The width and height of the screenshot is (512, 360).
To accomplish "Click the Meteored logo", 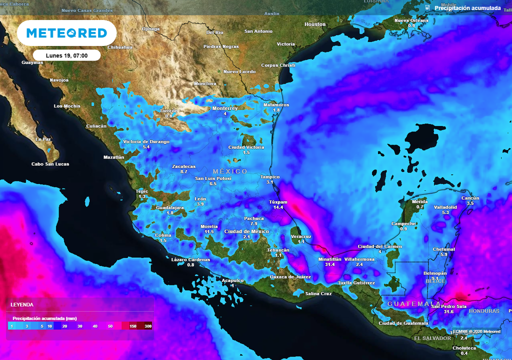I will pyautogui.click(x=66, y=33).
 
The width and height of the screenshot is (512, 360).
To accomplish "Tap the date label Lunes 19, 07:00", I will pyautogui.click(x=67, y=55).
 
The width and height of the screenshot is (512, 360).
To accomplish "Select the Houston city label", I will pyautogui.click(x=315, y=24).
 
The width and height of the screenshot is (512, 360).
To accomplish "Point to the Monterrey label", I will pyautogui.click(x=225, y=108).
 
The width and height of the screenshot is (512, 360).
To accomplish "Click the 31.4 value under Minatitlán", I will pyautogui.click(x=329, y=264).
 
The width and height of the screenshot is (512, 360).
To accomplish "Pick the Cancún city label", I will pyautogui.click(x=470, y=198).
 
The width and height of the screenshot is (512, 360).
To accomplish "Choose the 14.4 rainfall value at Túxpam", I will pyautogui.click(x=278, y=207).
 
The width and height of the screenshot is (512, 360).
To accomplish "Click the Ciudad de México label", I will pyautogui.click(x=246, y=231).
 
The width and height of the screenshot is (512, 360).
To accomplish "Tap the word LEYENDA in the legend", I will pyautogui.click(x=22, y=304).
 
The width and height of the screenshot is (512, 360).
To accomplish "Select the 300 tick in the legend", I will pyautogui.click(x=148, y=326).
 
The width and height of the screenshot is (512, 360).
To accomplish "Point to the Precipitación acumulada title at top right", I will pyautogui.click(x=467, y=8).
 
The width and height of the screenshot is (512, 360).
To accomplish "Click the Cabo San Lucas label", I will pyautogui.click(x=50, y=164).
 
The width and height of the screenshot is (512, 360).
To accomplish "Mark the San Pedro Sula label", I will pyautogui.click(x=449, y=306).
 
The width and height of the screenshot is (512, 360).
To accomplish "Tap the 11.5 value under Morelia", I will pyautogui.click(x=209, y=232).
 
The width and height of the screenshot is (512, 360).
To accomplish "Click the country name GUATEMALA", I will pyautogui.click(x=414, y=304).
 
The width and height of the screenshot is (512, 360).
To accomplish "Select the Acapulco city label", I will pyautogui.click(x=232, y=280).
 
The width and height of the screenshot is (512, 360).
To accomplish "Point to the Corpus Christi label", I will pyautogui.click(x=278, y=65).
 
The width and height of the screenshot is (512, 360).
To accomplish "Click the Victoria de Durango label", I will pyautogui.click(x=146, y=141).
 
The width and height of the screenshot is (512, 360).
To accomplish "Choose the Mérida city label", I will pyautogui.click(x=419, y=201).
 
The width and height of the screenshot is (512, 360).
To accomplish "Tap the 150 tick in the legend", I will pyautogui.click(x=133, y=326).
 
